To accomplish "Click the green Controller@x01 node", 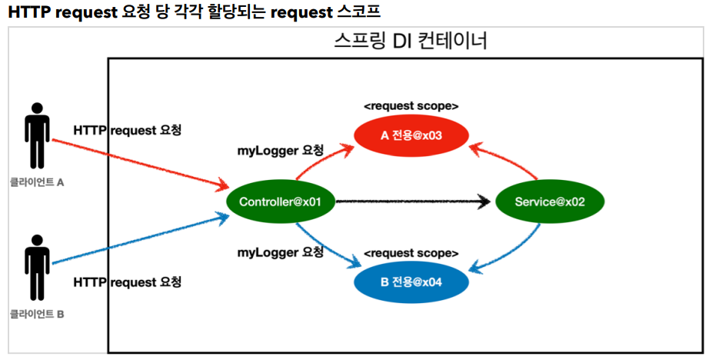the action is [x=280, y=202].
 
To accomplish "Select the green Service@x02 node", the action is [x=550, y=202].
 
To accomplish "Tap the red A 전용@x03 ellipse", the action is [x=411, y=135].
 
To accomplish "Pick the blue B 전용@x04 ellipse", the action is [x=411, y=282].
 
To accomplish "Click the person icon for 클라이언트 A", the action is [x=37, y=135].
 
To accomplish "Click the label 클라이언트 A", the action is [x=37, y=183].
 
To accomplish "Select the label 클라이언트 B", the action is [x=37, y=314].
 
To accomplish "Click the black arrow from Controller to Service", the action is [x=413, y=202].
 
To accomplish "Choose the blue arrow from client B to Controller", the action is [x=141, y=238].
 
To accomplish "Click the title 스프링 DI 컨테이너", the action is [x=411, y=41].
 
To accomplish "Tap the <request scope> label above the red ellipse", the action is [x=411, y=106].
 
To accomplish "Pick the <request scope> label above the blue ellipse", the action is [x=411, y=253].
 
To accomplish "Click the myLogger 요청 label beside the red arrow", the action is [x=280, y=151].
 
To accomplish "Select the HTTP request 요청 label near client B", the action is [x=128, y=282].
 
